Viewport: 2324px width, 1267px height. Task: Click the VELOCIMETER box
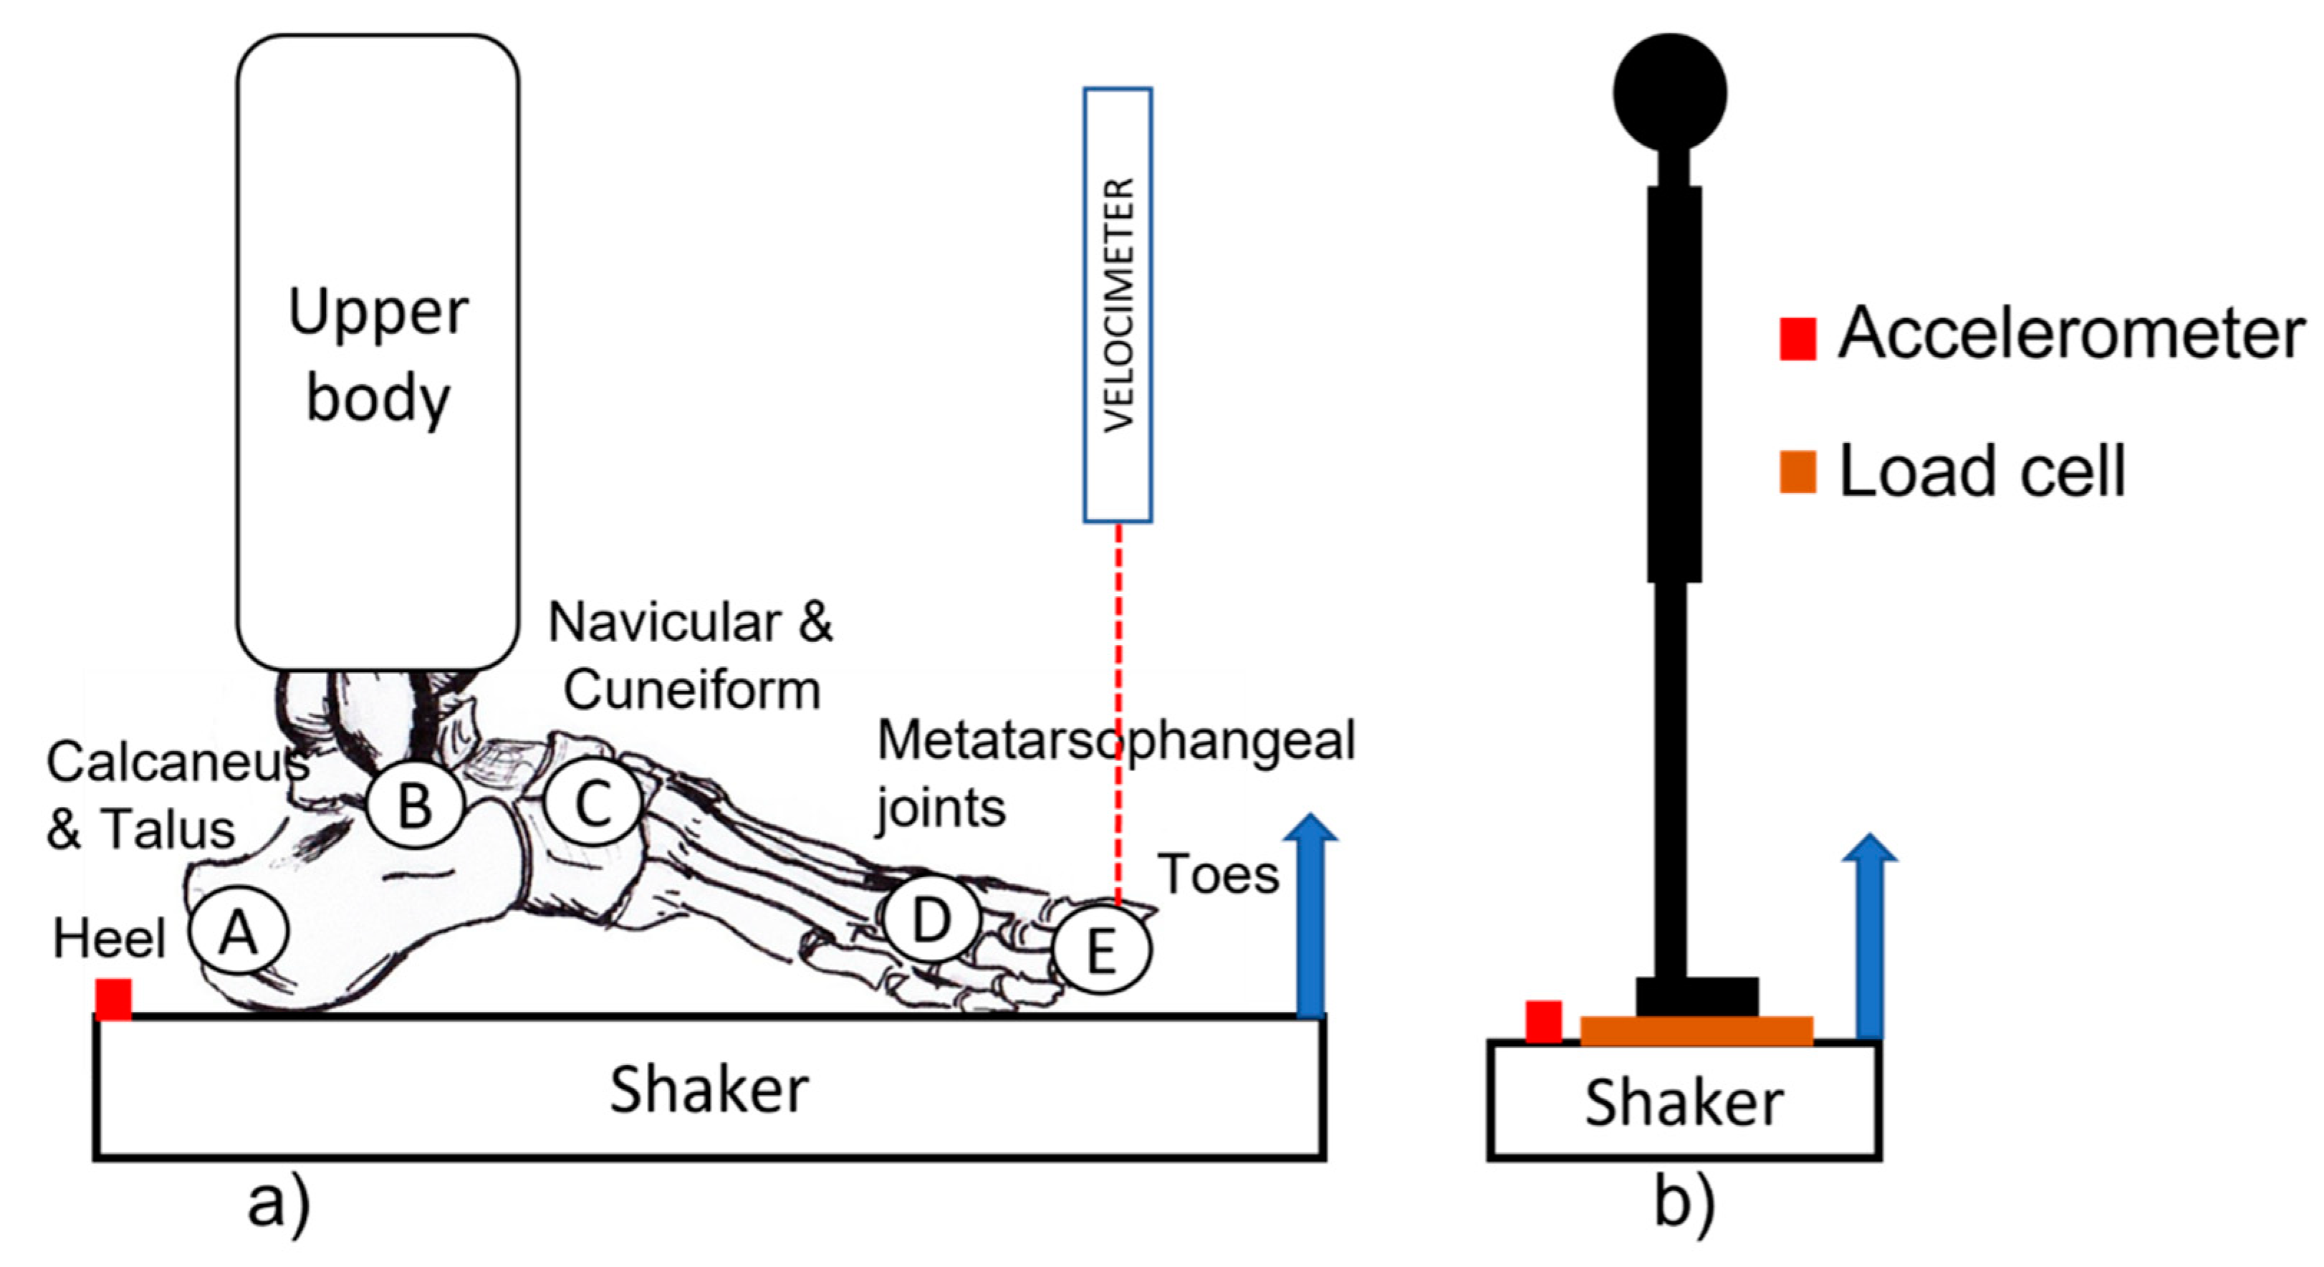tap(1118, 305)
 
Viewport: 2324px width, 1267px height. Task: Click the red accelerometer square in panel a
tap(114, 998)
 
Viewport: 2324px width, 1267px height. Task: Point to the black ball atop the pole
tap(1670, 92)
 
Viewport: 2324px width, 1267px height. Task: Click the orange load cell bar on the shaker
tap(1696, 1030)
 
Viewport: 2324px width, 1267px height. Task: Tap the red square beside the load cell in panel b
tap(1544, 1021)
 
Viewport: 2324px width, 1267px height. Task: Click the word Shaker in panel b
tap(1684, 1103)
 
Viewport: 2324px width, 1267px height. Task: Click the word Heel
tap(109, 939)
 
